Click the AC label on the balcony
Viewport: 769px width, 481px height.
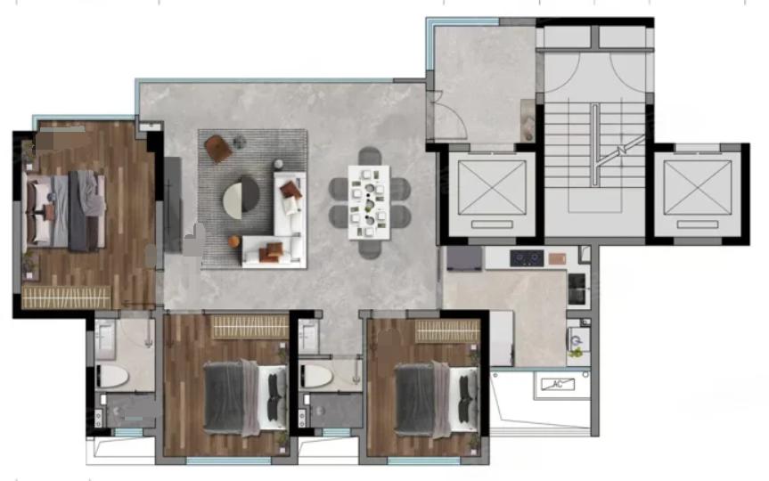[558, 384]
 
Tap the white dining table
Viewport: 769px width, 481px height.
[369, 202]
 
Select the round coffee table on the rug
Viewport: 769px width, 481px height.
[241, 198]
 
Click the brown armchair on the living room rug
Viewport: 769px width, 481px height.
[218, 148]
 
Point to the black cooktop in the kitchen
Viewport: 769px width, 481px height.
[527, 258]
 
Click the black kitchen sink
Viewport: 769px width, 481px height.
[577, 288]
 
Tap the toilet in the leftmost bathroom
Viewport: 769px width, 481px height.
[113, 377]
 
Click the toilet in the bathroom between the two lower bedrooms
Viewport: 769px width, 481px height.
[316, 376]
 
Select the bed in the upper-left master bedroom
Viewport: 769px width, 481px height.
[65, 210]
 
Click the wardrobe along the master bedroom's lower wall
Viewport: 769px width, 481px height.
[67, 298]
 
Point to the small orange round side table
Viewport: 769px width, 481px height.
[234, 241]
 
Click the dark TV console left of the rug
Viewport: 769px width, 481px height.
[172, 205]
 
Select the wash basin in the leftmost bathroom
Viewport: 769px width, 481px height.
[104, 338]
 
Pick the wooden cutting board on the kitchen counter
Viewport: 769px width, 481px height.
[557, 258]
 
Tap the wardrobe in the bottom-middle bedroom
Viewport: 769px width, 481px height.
[250, 327]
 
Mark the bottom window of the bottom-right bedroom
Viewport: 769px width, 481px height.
[424, 461]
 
